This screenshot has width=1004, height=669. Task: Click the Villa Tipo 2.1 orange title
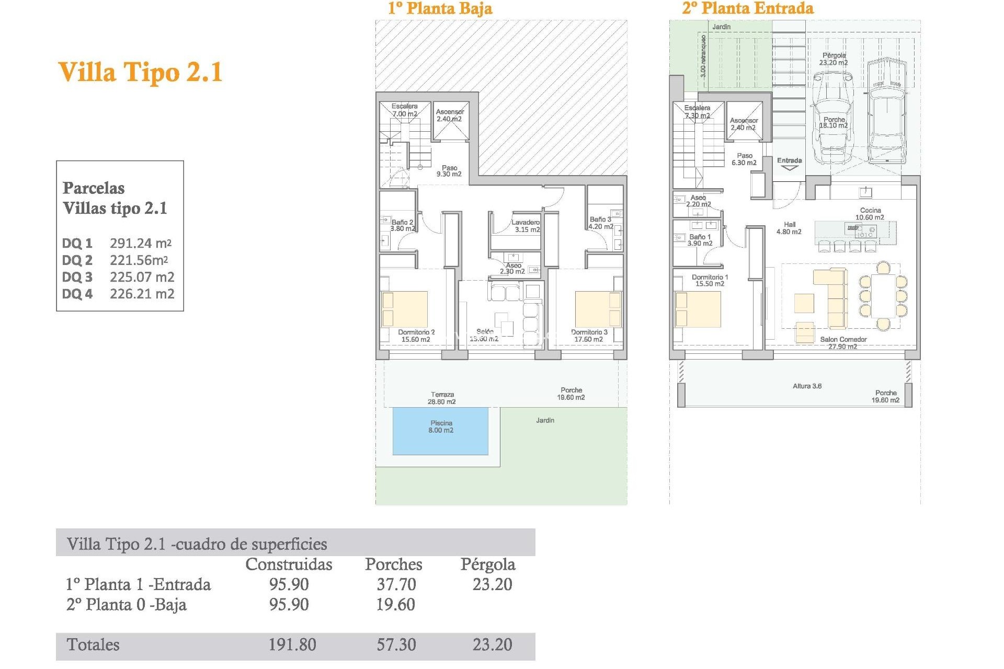coord(140,72)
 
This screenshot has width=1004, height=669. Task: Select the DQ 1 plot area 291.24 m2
coord(140,243)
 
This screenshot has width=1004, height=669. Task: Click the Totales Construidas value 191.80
coord(292,644)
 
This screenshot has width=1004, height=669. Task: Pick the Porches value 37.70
coord(396,584)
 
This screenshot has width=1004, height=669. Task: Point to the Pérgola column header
coord(487,564)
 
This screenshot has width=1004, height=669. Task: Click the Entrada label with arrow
coord(789,163)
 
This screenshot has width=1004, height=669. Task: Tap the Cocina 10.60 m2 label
coord(870,214)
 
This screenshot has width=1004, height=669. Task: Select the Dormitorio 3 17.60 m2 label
coord(589,336)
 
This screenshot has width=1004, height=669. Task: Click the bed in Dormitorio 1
coord(698,309)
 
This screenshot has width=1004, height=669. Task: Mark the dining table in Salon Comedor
coord(883,296)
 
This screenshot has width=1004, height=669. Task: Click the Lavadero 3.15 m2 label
coord(526,226)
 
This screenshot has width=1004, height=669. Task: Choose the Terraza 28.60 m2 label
coord(442,398)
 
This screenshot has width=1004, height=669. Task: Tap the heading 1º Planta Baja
coord(440,8)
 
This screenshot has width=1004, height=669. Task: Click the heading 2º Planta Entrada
coord(748,8)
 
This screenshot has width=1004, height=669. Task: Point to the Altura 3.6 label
coord(807,386)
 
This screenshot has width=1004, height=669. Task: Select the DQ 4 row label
coord(77,294)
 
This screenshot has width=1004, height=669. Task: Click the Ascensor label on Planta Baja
coord(450,115)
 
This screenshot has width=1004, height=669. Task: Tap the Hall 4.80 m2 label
coord(789,228)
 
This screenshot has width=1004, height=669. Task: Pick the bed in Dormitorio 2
coord(405,309)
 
